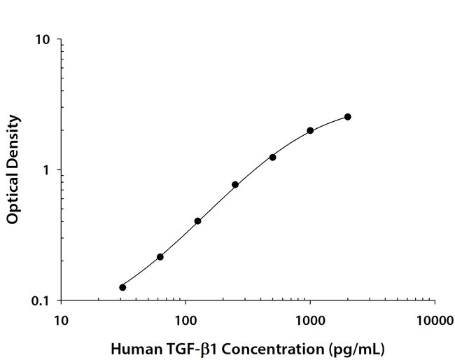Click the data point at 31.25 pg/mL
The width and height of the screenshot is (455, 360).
coord(122,287)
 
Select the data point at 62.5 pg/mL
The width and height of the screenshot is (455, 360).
coord(160,257)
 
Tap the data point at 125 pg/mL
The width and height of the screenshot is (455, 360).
coord(197,221)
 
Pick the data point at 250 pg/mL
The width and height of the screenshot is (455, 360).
coord(235,184)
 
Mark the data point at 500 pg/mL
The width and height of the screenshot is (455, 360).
coord(272,157)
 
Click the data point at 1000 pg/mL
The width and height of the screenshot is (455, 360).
coord(310,130)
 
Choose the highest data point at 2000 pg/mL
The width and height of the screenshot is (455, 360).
coord(348,117)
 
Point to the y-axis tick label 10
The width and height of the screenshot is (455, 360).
coord(43,40)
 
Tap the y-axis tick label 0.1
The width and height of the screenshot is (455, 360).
coord(41,301)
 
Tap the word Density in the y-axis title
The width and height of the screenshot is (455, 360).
coord(13,140)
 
